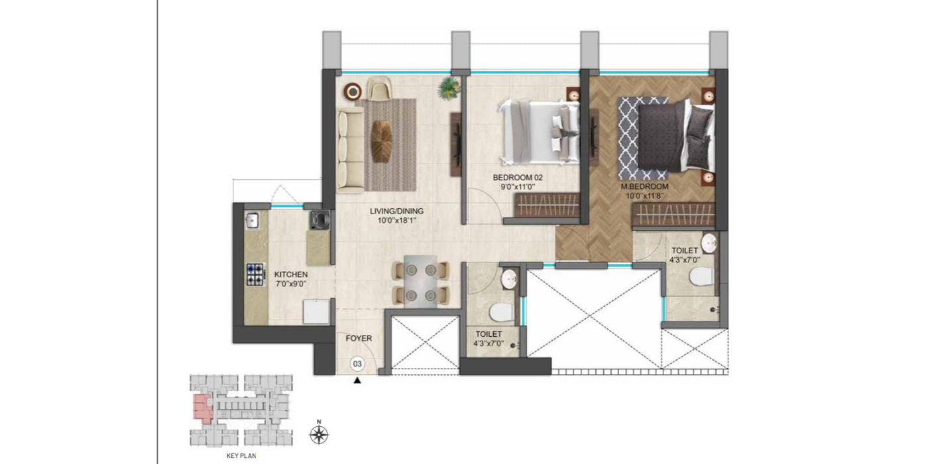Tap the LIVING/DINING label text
coord(396,211)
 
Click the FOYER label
coord(359,338)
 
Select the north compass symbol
coord(319,435)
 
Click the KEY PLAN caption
coord(241,456)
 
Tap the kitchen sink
coord(251,220)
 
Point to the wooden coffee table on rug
coord(382,141)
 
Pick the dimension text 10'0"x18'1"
coord(396,221)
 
